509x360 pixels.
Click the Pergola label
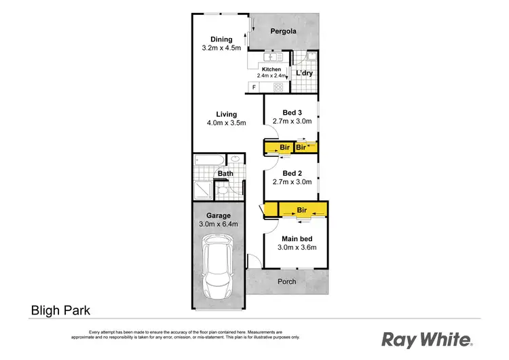(284, 31)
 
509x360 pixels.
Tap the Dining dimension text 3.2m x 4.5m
(221, 48)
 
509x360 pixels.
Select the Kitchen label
(271, 69)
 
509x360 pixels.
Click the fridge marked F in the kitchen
(254, 88)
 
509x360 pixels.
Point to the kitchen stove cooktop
(278, 88)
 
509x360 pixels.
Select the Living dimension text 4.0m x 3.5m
(226, 123)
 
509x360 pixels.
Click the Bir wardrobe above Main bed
(301, 211)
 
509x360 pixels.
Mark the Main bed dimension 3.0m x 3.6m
(297, 247)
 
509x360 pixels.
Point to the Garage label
(219, 215)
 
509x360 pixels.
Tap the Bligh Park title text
(60, 310)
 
